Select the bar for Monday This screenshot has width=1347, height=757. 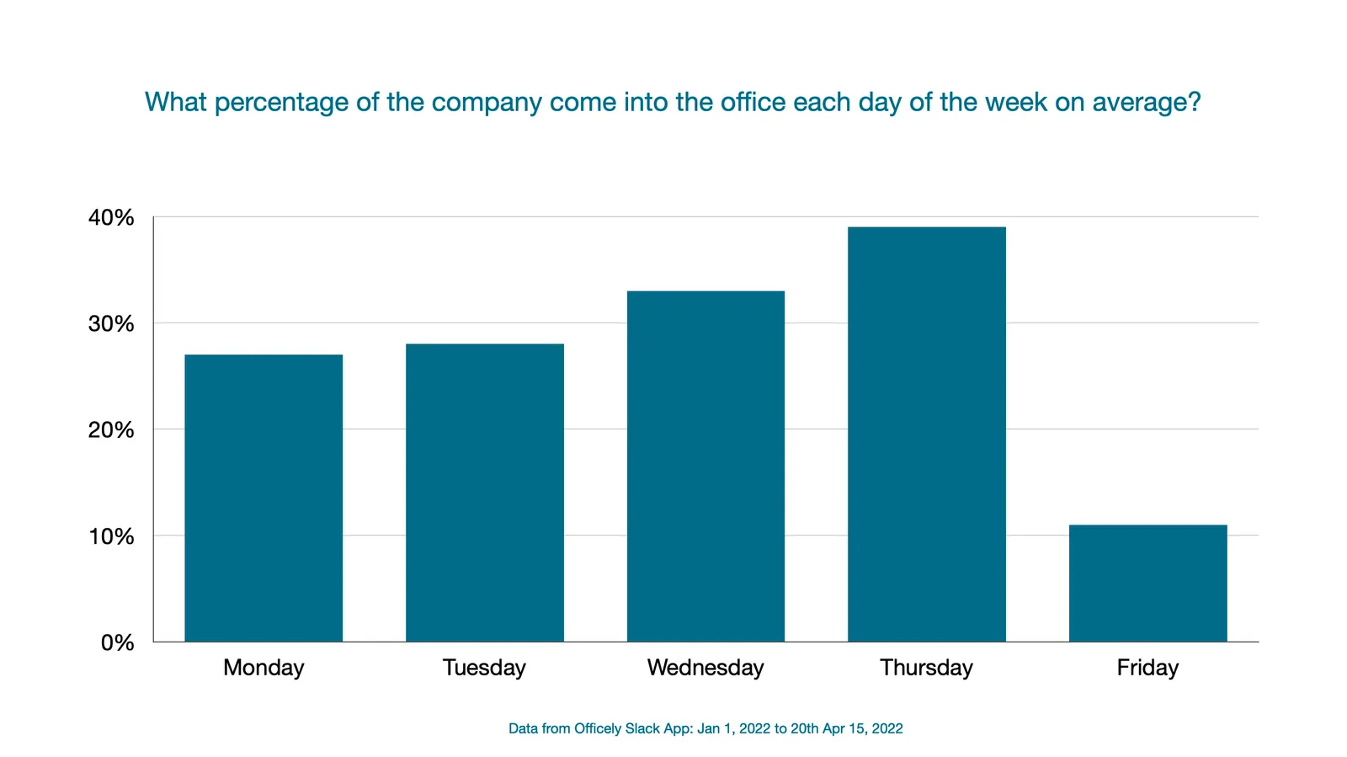[264, 498]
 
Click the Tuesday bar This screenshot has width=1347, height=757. [485, 493]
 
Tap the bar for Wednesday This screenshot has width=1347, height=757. [705, 466]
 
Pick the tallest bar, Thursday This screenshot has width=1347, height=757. [926, 434]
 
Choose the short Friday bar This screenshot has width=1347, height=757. [1147, 583]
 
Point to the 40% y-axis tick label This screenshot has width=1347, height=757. [111, 218]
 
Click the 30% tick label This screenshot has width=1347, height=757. [111, 324]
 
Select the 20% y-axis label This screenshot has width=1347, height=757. [111, 430]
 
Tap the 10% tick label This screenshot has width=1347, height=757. [111, 536]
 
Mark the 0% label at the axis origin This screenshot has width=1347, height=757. [117, 643]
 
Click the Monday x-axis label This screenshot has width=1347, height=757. [264, 668]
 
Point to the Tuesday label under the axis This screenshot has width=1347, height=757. [484, 668]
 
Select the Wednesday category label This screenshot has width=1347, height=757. [705, 668]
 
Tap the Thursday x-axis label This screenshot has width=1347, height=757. [926, 668]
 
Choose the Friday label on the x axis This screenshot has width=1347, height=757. [1147, 668]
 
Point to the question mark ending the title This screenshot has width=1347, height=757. [1194, 102]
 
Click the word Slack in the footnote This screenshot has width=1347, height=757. [642, 728]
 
